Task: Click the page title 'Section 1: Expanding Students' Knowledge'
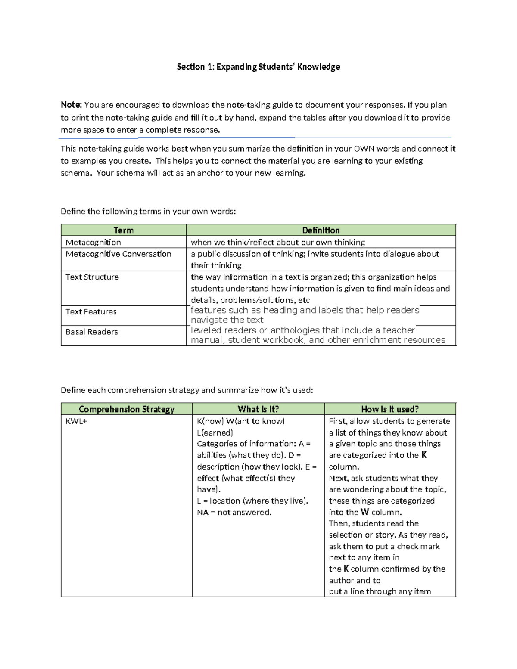tap(258, 67)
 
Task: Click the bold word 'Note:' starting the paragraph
tap(71, 105)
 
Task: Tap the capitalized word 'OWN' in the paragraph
tap(364, 149)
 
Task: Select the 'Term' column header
tap(123, 230)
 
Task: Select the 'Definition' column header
tap(321, 230)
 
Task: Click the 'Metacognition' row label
tap(93, 242)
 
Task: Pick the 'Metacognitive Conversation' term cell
tap(118, 254)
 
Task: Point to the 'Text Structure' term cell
tap(92, 277)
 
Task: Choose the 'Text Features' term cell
tap(91, 311)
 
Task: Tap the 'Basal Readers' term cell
tap(91, 332)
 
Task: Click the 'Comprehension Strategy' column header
tap(126, 409)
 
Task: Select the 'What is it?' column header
tap(258, 409)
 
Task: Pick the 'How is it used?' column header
tap(389, 409)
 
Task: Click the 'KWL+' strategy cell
tap(76, 421)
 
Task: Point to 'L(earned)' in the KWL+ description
tap(215, 433)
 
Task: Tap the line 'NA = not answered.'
tap(234, 512)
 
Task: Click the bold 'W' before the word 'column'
tap(364, 512)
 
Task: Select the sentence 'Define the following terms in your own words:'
tap(148, 211)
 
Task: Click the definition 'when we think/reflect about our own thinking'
tap(278, 242)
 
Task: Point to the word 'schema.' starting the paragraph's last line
tap(76, 173)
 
